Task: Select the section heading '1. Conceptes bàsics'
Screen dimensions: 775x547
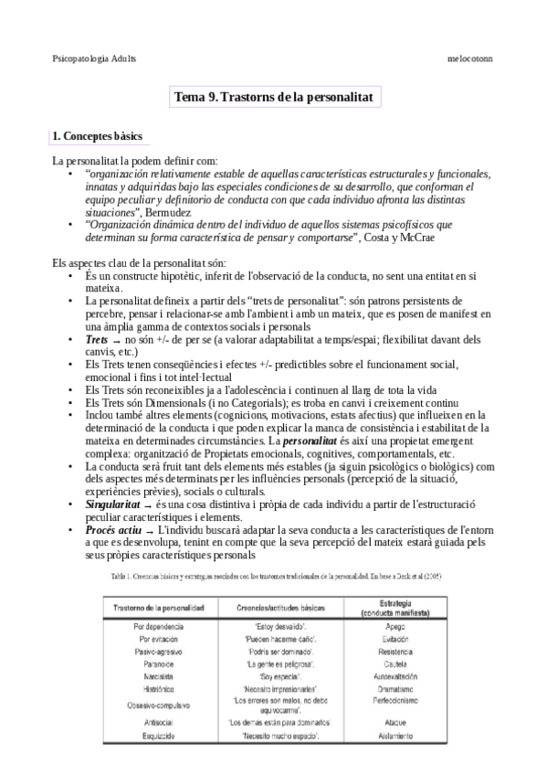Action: (x=97, y=136)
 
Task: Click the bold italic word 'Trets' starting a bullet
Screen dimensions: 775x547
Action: (x=96, y=339)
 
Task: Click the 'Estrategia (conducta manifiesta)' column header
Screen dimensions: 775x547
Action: (x=391, y=609)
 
